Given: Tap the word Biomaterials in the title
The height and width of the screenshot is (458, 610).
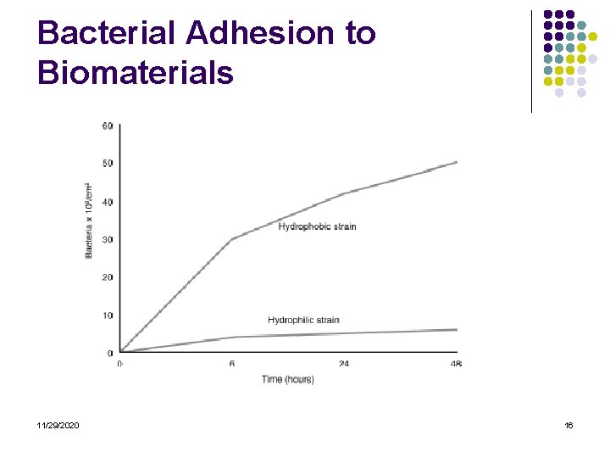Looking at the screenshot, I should click(136, 73).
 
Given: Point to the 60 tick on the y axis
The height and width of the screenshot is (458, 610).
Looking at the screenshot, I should click(108, 126).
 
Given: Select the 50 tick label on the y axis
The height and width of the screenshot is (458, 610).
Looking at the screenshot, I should click(108, 164).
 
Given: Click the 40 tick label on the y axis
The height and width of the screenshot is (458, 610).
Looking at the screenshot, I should click(108, 202).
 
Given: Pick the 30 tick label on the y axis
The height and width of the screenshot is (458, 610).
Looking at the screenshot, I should click(108, 239).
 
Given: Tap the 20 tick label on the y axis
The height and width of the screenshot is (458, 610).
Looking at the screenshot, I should click(108, 277).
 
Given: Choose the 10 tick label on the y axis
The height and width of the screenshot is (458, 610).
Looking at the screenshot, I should click(108, 316).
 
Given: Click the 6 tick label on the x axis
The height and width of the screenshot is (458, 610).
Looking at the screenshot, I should click(231, 364).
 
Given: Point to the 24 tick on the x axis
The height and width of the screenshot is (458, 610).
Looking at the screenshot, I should click(344, 364).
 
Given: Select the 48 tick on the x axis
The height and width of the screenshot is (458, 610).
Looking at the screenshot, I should click(456, 364).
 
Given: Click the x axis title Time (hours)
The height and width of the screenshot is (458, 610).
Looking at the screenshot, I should click(288, 379).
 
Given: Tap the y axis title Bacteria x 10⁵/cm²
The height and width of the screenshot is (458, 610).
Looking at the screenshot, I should click(89, 221).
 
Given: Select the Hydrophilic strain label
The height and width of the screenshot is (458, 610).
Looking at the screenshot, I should click(303, 320).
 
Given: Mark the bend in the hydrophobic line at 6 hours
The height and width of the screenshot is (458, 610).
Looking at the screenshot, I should click(232, 238).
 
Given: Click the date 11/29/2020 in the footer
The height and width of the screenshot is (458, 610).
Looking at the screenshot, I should click(58, 425).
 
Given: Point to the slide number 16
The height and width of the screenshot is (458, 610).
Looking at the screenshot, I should click(568, 425).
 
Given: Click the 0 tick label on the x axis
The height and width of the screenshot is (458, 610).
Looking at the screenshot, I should click(119, 364).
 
